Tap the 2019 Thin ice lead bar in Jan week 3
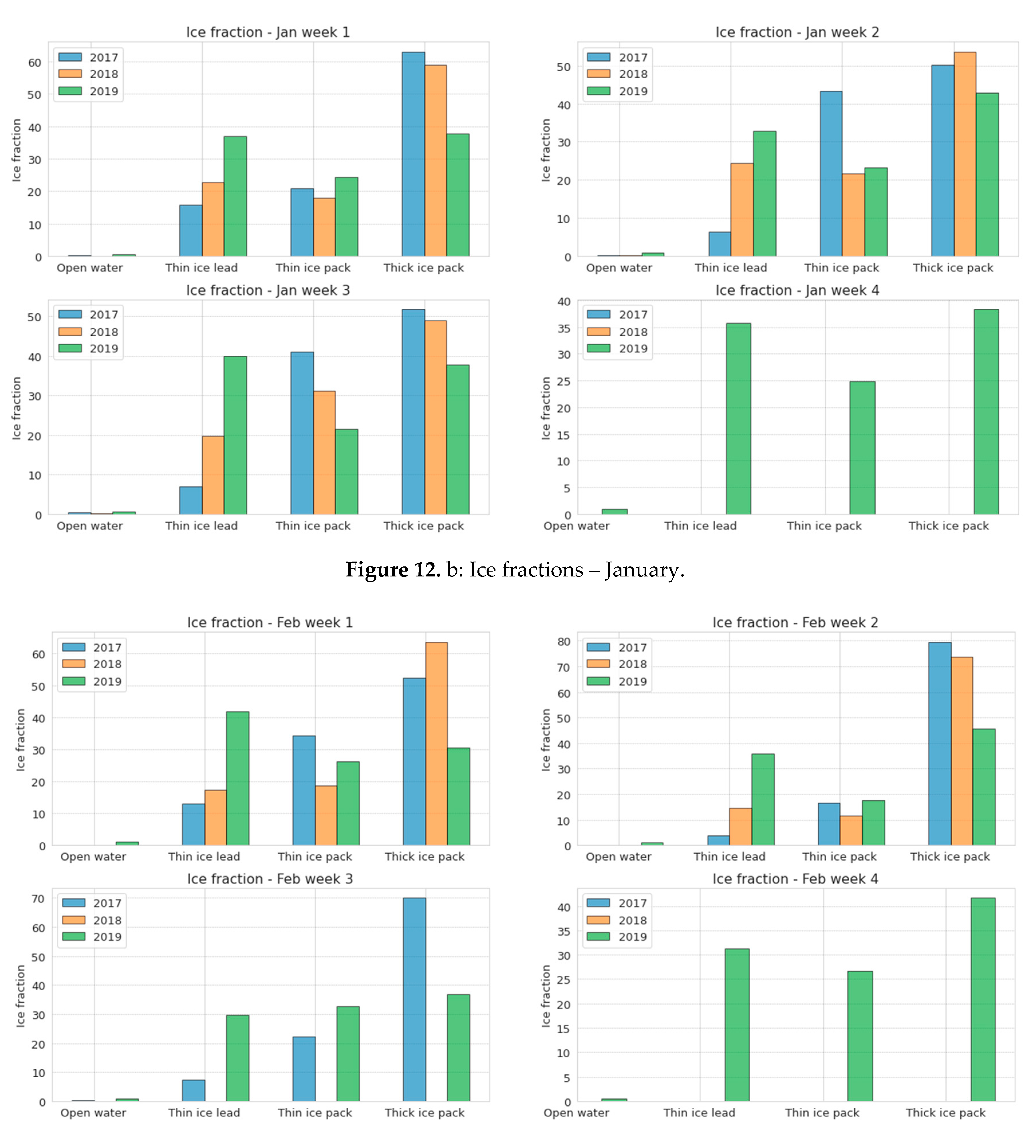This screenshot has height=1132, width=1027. pyautogui.click(x=235, y=435)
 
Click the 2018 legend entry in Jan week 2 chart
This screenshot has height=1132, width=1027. pyautogui.click(x=617, y=74)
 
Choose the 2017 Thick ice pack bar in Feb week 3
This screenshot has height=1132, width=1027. pyautogui.click(x=414, y=999)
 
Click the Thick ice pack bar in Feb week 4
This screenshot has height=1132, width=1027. pyautogui.click(x=983, y=999)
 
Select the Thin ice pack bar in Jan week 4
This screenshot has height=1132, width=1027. pyautogui.click(x=862, y=448)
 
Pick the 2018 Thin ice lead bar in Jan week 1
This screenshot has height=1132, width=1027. pyautogui.click(x=213, y=219)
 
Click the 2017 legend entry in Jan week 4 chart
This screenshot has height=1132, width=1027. pyautogui.click(x=617, y=314)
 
